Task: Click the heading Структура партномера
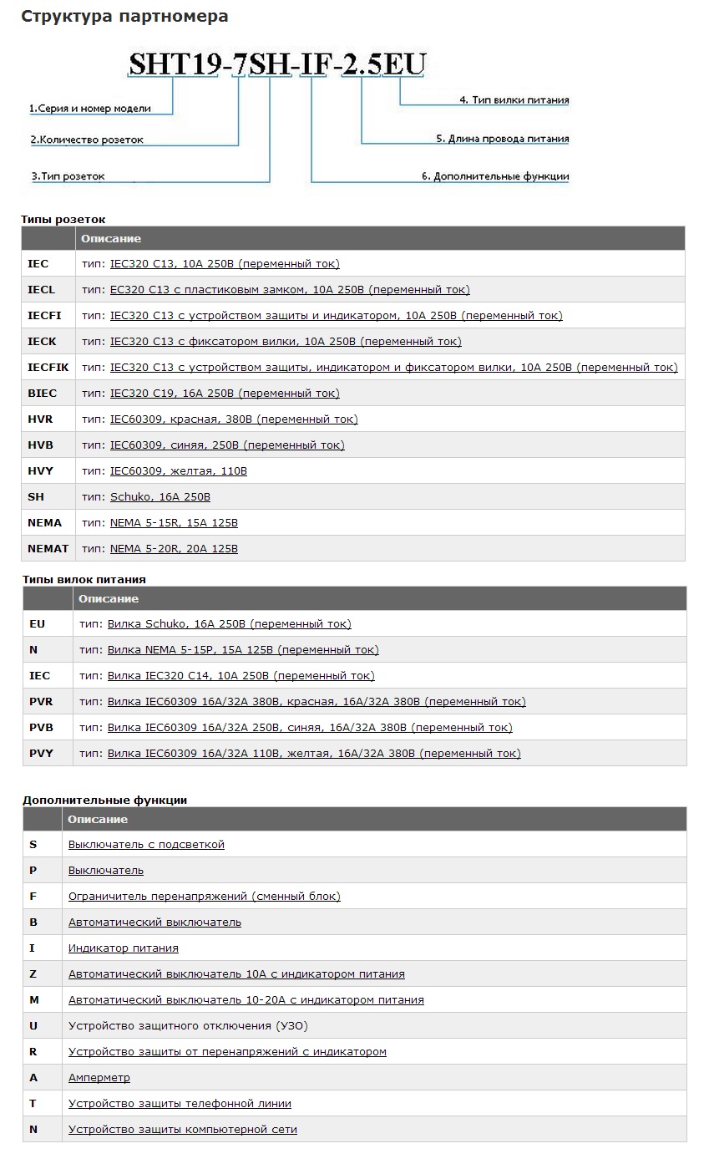(x=124, y=16)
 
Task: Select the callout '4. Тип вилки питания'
(x=514, y=100)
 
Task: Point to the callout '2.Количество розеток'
(x=87, y=140)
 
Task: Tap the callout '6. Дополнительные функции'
(x=495, y=177)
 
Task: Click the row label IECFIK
(x=48, y=368)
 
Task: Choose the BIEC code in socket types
(x=43, y=394)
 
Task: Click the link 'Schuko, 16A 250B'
(x=160, y=497)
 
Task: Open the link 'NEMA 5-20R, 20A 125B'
(x=174, y=549)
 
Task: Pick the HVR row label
(x=40, y=419)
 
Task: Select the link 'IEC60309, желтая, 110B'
(x=179, y=471)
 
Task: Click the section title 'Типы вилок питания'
(x=84, y=579)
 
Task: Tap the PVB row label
(x=41, y=728)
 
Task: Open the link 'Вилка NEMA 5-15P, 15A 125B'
(x=243, y=650)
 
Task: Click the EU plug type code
(x=37, y=624)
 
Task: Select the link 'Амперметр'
(x=99, y=1078)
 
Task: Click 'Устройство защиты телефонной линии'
(x=180, y=1104)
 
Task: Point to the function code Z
(x=33, y=974)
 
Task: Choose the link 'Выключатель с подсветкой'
(x=146, y=845)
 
